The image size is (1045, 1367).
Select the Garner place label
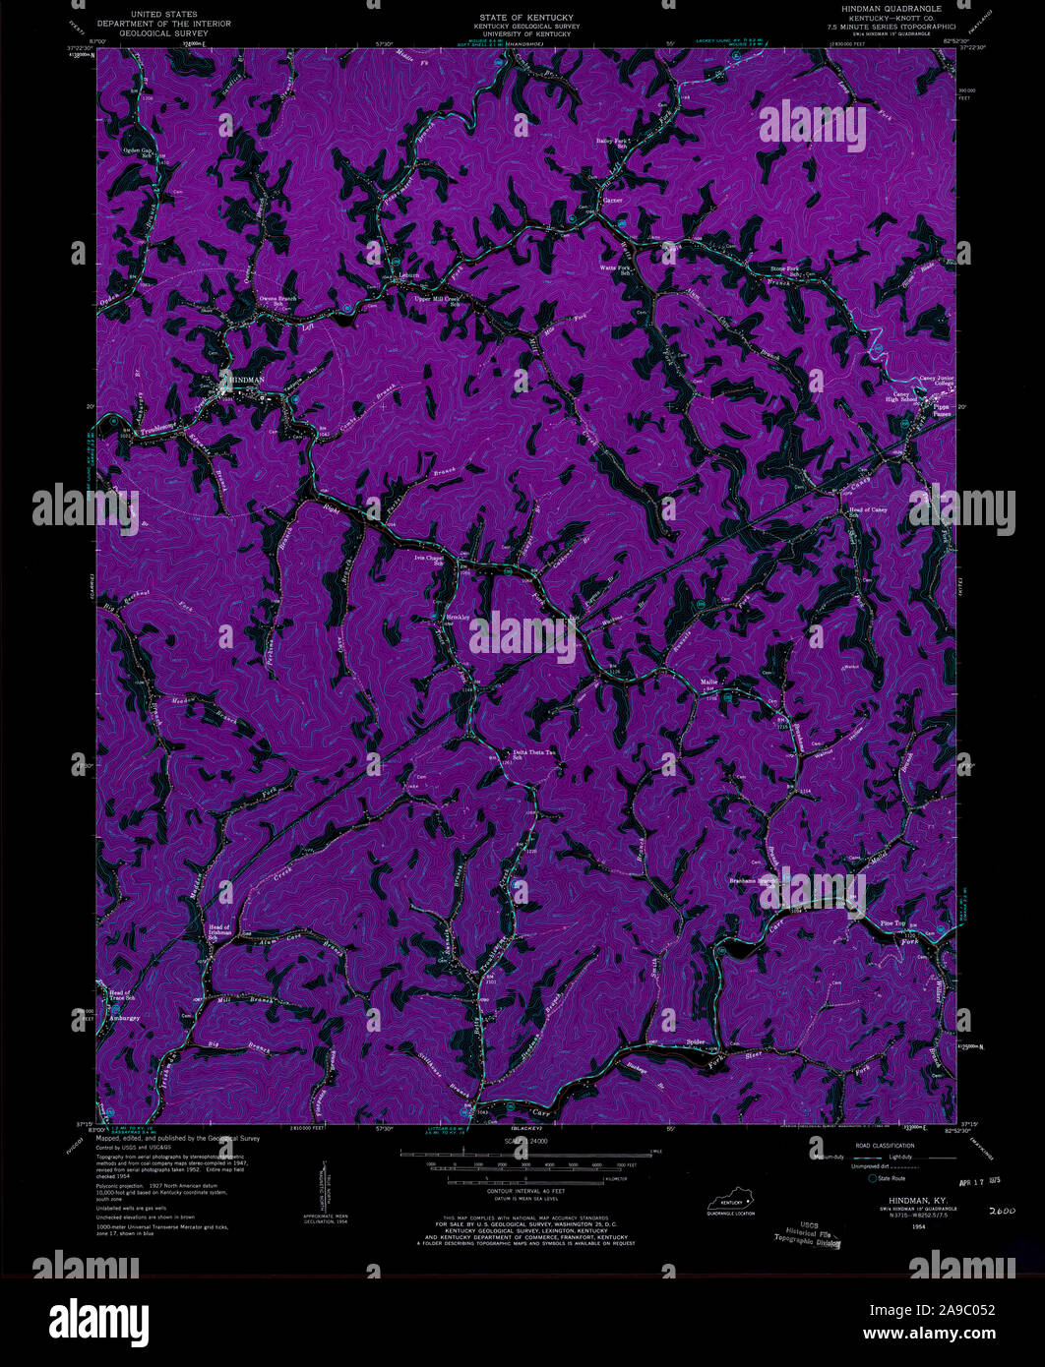click(x=613, y=200)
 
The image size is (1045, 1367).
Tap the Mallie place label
click(x=709, y=682)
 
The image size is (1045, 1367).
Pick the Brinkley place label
click(x=459, y=618)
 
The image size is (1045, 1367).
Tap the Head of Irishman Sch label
click(x=224, y=931)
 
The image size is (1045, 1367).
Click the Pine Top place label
click(x=891, y=923)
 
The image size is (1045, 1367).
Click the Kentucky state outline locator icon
click(x=731, y=1203)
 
